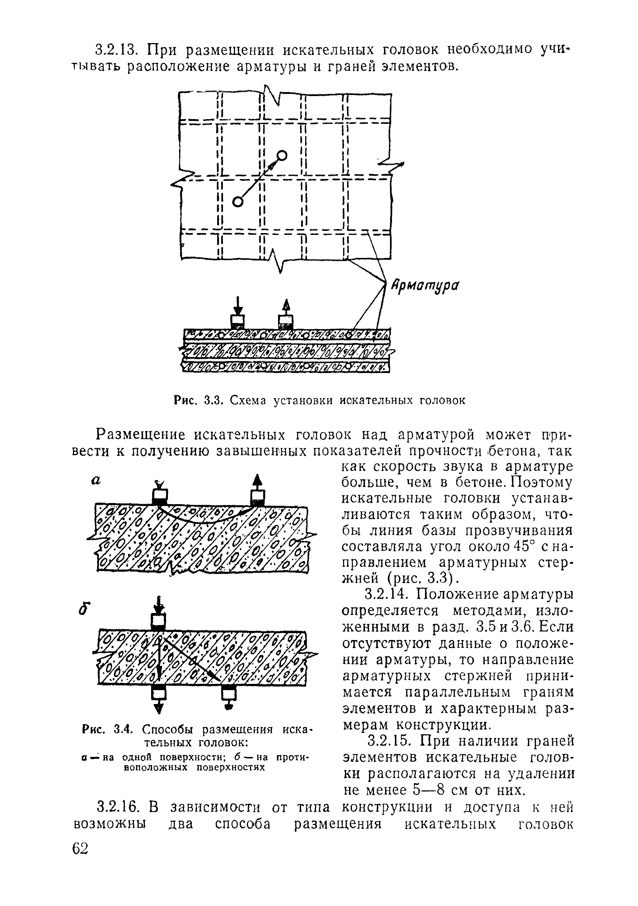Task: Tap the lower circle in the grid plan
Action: click(237, 202)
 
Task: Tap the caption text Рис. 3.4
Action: click(108, 729)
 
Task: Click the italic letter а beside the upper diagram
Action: click(96, 481)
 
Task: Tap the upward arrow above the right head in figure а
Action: click(257, 482)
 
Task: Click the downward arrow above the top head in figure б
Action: click(158, 605)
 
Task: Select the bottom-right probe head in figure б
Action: click(228, 694)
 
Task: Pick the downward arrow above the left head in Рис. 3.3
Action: click(237, 305)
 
